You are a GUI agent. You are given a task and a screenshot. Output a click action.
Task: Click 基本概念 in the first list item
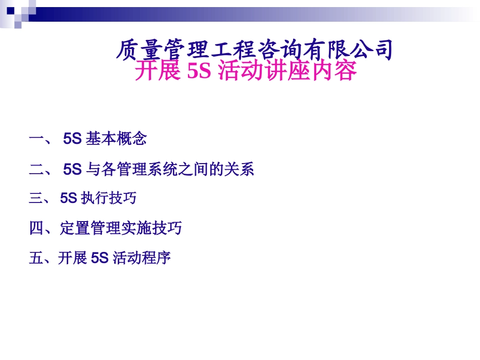click(x=116, y=139)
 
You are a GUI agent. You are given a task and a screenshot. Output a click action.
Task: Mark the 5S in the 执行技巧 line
click(x=68, y=198)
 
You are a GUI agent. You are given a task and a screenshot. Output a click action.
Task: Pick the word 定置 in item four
click(x=75, y=229)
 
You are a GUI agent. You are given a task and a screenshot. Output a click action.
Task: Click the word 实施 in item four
click(x=136, y=229)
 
